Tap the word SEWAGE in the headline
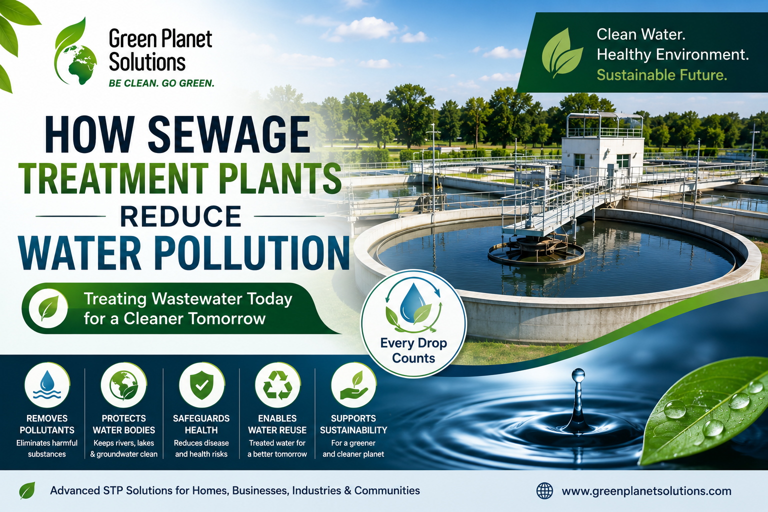click(229, 134)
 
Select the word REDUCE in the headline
click(180, 216)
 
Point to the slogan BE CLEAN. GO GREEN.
click(161, 83)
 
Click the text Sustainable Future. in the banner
click(661, 75)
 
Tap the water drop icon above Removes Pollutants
click(47, 385)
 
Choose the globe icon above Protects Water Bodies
click(124, 385)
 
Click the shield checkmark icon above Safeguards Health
click(201, 385)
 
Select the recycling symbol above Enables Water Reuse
click(277, 385)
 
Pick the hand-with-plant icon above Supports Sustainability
click(354, 385)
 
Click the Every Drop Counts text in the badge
click(413, 350)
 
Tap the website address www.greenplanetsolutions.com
click(646, 491)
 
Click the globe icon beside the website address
click(544, 490)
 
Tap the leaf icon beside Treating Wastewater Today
click(48, 308)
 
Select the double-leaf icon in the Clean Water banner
click(562, 53)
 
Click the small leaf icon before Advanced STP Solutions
click(27, 490)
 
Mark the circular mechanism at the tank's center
click(536, 252)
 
